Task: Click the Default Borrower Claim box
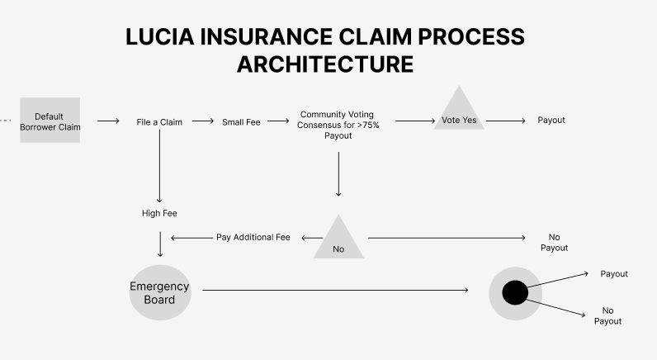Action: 50,121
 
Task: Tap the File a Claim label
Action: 159,121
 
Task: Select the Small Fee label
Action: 241,121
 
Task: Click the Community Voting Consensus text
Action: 338,125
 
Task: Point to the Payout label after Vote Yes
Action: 551,121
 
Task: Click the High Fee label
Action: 159,213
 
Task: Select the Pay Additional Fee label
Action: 253,237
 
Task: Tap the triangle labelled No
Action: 338,240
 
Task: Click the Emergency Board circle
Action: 159,292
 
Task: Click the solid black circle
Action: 515,292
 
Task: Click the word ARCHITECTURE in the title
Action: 325,65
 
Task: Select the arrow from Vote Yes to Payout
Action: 507,121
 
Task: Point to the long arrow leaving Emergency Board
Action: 335,290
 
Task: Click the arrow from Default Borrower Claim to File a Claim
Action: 108,121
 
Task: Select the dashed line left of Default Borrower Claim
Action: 7,121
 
